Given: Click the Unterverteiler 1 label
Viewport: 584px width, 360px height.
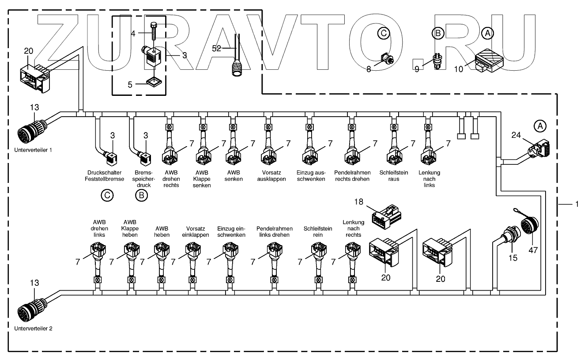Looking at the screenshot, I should tap(33, 150).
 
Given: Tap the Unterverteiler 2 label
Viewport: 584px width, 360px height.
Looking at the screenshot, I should tap(33, 328).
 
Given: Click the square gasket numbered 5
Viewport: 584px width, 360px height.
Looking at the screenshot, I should tap(154, 82).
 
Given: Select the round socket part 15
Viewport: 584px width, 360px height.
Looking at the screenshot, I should tap(508, 236).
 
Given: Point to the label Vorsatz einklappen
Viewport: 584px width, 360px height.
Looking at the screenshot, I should tap(195, 231).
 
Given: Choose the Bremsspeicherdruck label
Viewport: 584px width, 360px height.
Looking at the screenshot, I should tap(143, 179).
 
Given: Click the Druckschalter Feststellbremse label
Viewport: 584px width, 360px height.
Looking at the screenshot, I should tap(105, 176).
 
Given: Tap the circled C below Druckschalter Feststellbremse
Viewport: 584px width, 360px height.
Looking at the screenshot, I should tap(107, 195).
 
